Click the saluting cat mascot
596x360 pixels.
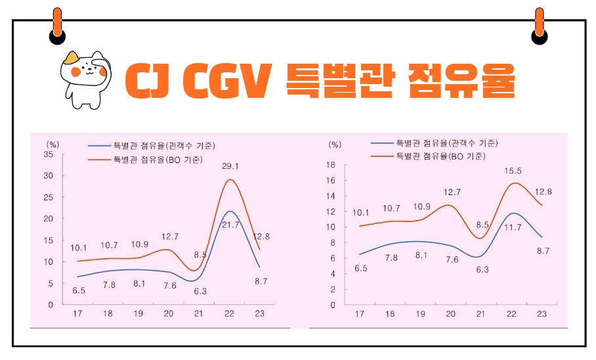(85, 77)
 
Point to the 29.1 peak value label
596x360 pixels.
(229, 166)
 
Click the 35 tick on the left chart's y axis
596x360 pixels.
(48, 154)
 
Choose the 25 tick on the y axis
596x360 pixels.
(48, 197)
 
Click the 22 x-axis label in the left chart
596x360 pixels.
(229, 315)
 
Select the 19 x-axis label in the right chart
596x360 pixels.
(420, 315)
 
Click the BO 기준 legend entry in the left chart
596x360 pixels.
(156, 159)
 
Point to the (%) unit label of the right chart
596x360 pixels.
(335, 145)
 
